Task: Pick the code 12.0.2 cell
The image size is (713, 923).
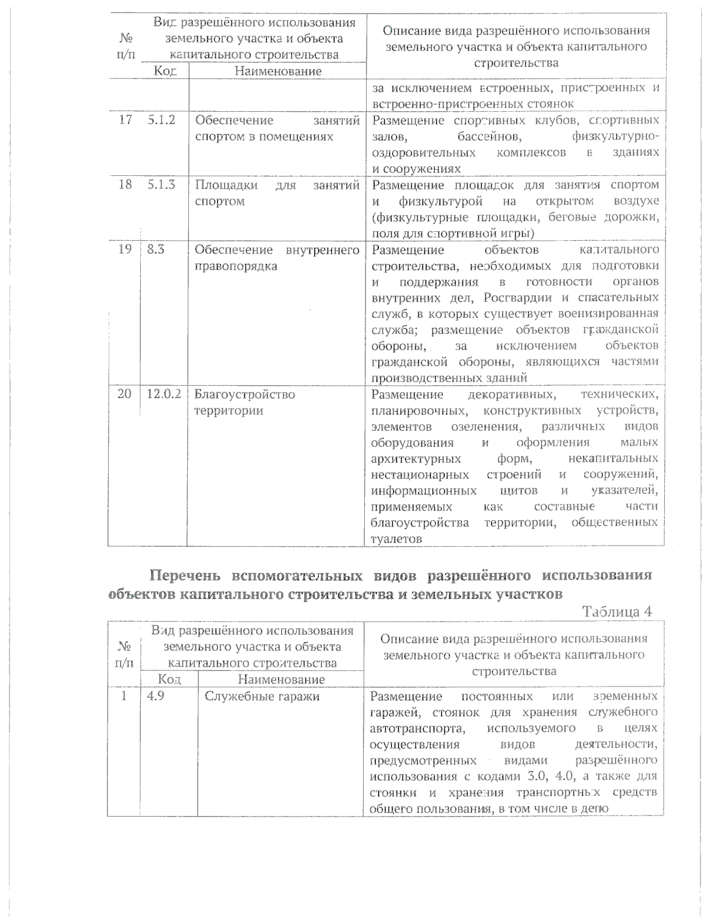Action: click(x=163, y=395)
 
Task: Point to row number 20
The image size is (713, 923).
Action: click(x=124, y=395)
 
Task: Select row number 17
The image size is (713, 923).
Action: click(x=125, y=121)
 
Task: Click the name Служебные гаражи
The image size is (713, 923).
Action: click(x=262, y=696)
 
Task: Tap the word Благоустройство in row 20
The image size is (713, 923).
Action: click(x=245, y=395)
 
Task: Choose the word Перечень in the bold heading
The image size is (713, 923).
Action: click(x=186, y=575)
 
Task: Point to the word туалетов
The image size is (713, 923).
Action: click(x=396, y=539)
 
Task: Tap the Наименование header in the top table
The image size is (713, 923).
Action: click(x=278, y=71)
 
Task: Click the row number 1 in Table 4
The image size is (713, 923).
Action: click(x=124, y=696)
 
